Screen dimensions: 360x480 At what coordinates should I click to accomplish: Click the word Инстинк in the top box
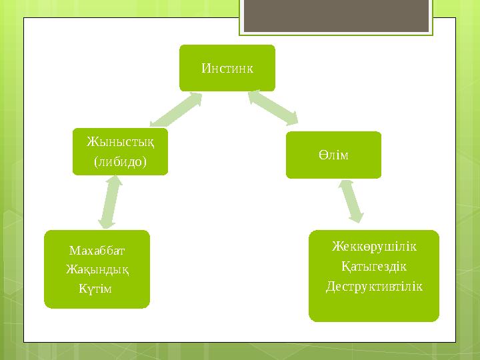(x=227, y=68)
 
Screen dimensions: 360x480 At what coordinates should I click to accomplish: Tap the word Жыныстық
(x=120, y=143)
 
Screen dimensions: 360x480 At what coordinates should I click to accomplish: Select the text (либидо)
(x=120, y=161)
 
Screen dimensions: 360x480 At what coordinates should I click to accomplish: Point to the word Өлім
(x=333, y=155)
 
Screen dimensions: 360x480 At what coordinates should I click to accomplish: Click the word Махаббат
(x=97, y=251)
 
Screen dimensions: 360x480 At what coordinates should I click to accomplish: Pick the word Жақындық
(x=97, y=269)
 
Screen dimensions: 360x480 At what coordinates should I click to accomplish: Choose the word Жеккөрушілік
(x=374, y=247)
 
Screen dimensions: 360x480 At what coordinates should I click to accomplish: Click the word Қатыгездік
(x=374, y=266)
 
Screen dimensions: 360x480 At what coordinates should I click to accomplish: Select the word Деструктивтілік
(x=374, y=285)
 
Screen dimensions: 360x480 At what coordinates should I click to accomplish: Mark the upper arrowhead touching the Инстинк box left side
(x=196, y=98)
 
